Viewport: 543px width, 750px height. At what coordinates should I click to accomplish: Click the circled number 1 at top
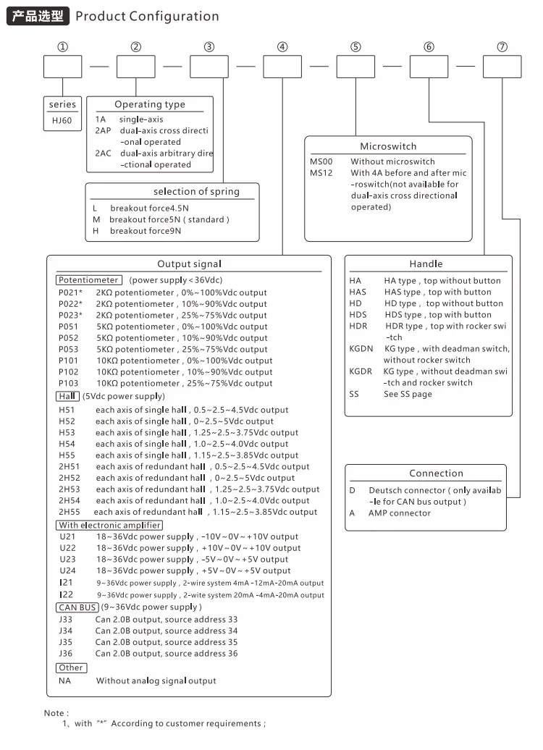click(63, 47)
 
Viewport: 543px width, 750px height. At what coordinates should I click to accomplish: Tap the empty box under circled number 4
click(282, 67)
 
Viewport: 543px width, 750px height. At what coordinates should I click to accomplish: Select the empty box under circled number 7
click(502, 67)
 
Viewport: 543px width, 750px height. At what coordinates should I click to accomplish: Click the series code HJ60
click(62, 120)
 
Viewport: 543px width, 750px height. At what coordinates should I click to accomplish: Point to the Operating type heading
click(150, 105)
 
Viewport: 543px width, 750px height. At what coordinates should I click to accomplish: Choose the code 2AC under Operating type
click(103, 153)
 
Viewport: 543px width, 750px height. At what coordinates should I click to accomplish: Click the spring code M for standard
click(96, 219)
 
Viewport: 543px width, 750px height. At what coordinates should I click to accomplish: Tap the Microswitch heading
click(388, 146)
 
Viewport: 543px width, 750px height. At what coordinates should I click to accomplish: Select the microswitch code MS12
click(321, 173)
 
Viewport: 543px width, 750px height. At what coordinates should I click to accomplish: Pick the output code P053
click(69, 349)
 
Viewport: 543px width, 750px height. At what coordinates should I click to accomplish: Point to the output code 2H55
click(70, 512)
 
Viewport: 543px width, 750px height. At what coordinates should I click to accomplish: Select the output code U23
click(67, 560)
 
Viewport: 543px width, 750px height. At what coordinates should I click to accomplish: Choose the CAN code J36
click(67, 653)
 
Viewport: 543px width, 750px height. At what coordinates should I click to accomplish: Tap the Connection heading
click(436, 473)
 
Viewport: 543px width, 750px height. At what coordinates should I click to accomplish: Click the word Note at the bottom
click(55, 713)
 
